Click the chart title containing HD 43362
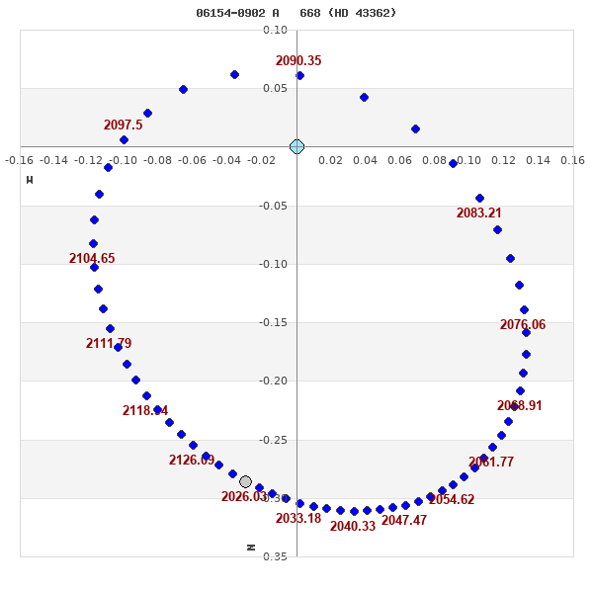pyautogui.click(x=296, y=13)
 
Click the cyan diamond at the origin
pyautogui.click(x=296, y=146)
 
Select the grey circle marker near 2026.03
pyautogui.click(x=245, y=481)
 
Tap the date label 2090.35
pyautogui.click(x=298, y=61)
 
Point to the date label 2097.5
pyautogui.click(x=124, y=126)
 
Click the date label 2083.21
pyautogui.click(x=479, y=213)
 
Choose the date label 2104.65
pyautogui.click(x=92, y=259)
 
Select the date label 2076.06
pyautogui.click(x=523, y=325)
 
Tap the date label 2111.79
pyautogui.click(x=109, y=344)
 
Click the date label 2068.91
pyautogui.click(x=520, y=406)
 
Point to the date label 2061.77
pyautogui.click(x=491, y=463)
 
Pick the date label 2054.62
pyautogui.click(x=452, y=500)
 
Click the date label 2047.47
pyautogui.click(x=404, y=521)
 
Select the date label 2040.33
pyautogui.click(x=353, y=527)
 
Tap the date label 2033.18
pyautogui.click(x=298, y=519)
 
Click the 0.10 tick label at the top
pyautogui.click(x=275, y=31)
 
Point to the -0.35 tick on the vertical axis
pyautogui.click(x=275, y=556)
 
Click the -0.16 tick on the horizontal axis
pyautogui.click(x=20, y=160)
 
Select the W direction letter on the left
pyautogui.click(x=30, y=180)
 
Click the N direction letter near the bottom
pyautogui.click(x=251, y=547)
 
